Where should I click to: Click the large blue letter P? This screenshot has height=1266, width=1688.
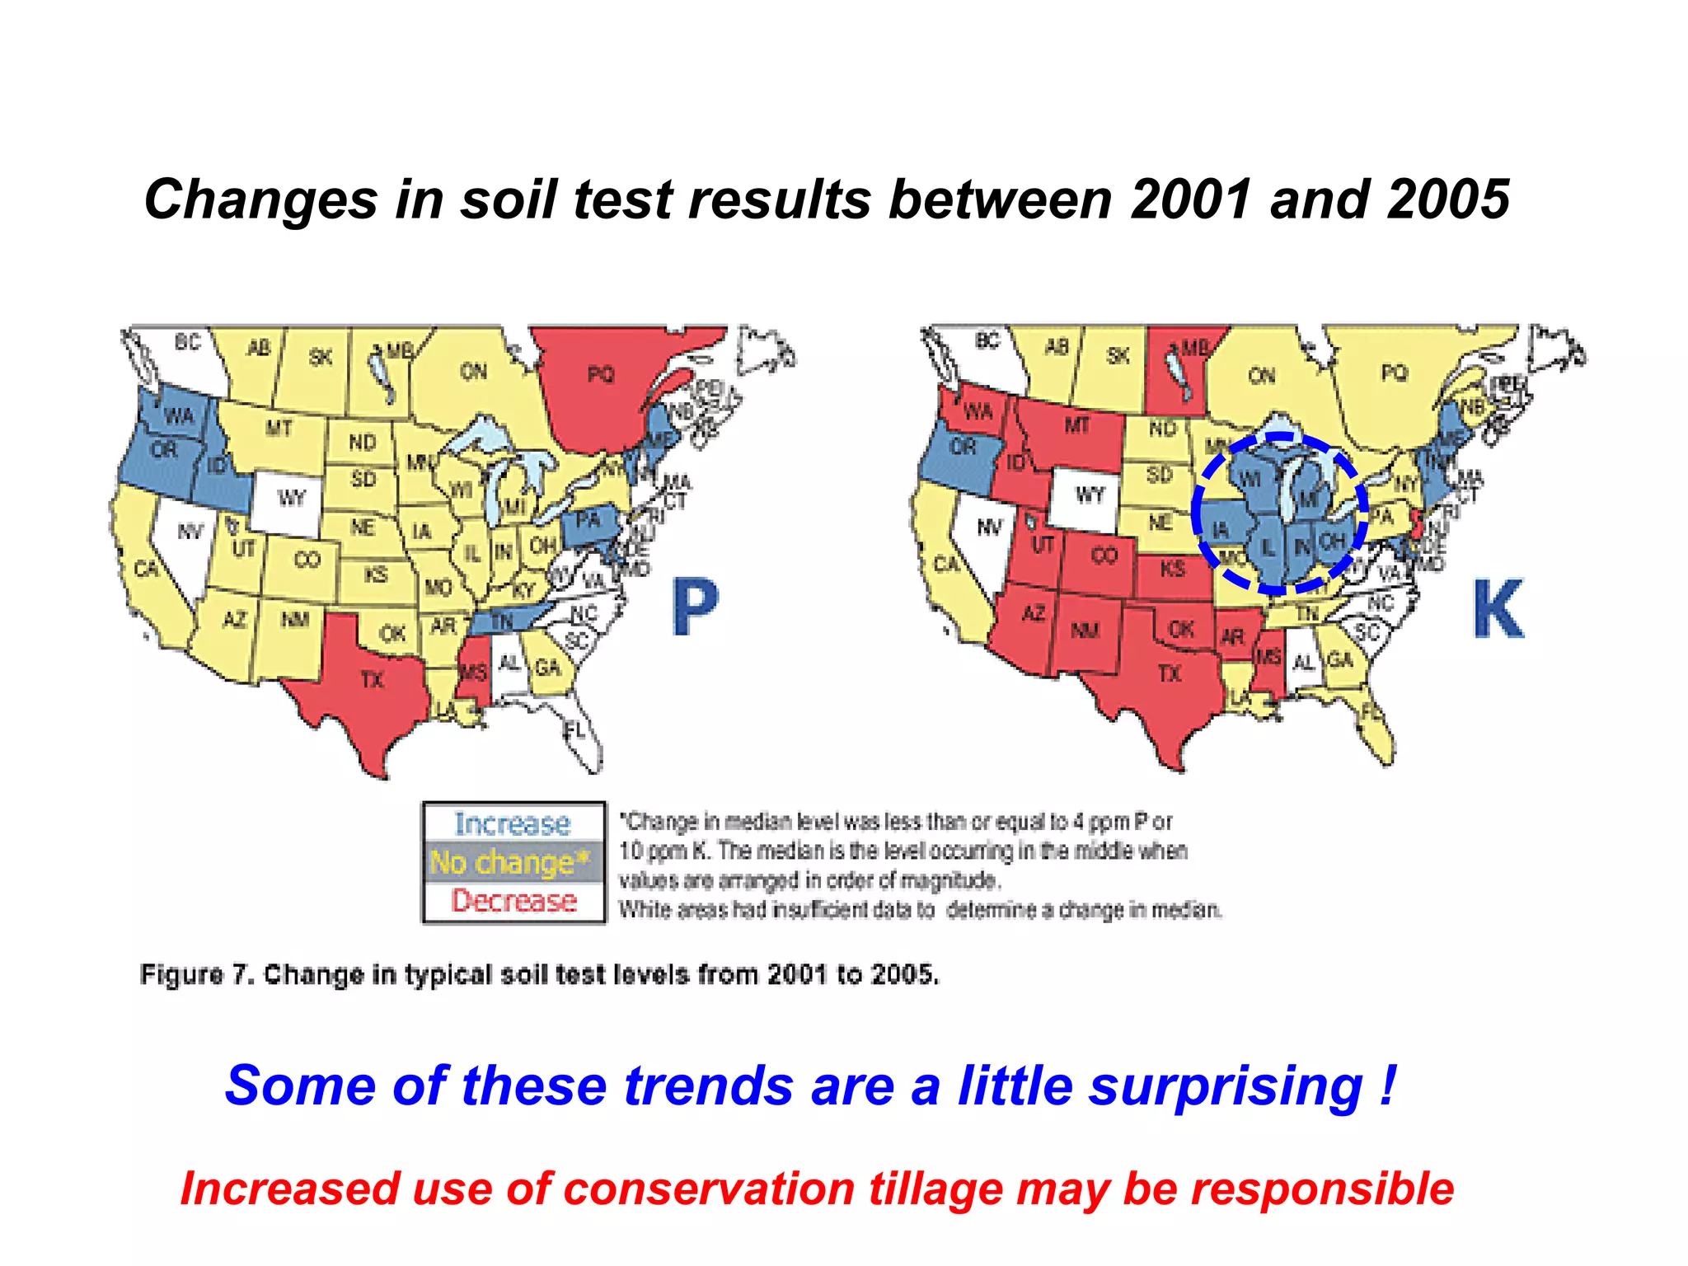(695, 607)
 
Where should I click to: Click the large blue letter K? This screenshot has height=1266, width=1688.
(1498, 609)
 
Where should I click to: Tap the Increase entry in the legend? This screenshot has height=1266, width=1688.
(513, 823)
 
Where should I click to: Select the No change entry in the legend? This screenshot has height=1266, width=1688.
(511, 862)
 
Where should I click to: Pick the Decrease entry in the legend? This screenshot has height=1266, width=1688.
(513, 901)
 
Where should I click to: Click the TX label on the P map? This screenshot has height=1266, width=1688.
(373, 679)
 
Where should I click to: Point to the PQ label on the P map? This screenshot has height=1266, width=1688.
(601, 374)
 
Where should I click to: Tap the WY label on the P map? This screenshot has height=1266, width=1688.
(292, 498)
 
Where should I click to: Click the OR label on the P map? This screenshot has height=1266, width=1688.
(164, 450)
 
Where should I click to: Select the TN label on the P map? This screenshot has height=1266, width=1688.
(501, 621)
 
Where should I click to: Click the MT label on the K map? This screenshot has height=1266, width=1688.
(1076, 425)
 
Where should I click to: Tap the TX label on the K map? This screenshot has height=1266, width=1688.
(1170, 673)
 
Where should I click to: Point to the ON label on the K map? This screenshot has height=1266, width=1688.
(1261, 376)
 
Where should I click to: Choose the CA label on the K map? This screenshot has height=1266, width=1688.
(946, 564)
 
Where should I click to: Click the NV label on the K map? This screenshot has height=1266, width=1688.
(989, 527)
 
